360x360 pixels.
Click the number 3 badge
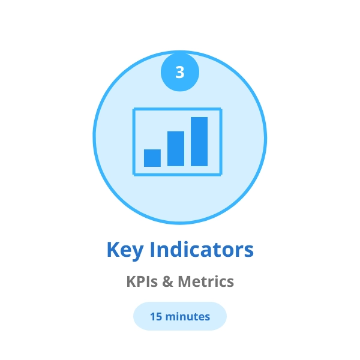tap(180, 73)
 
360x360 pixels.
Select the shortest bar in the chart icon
tap(152, 158)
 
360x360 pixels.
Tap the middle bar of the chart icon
tap(176, 149)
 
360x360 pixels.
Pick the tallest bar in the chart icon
tap(199, 142)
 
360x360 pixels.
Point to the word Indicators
tap(201, 250)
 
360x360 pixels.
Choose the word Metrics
tap(207, 281)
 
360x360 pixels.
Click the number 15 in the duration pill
tap(156, 316)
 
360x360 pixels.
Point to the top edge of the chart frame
tap(177, 109)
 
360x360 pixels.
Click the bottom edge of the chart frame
tap(177, 175)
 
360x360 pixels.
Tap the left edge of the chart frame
tap(133, 142)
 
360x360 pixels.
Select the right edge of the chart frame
tap(221, 142)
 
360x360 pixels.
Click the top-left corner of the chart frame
tap(133, 109)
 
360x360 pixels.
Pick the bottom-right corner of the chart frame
tap(221, 175)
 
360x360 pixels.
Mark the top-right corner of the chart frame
tap(221, 109)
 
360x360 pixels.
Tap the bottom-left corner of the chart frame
tap(133, 175)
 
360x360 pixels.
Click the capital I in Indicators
tap(151, 250)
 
